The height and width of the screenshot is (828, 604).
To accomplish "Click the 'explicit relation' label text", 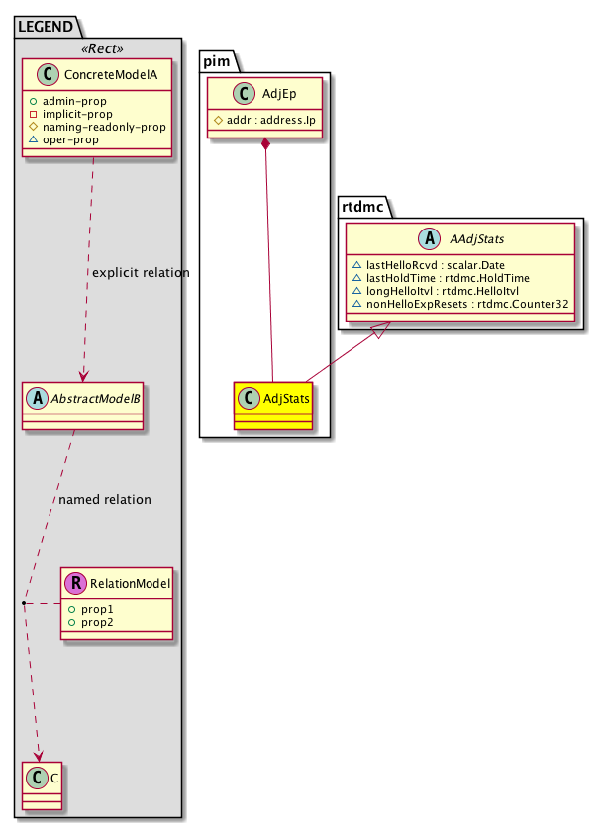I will click(140, 272).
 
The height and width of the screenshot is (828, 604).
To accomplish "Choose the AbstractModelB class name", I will click(95, 399).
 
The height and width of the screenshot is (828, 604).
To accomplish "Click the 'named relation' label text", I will click(105, 499).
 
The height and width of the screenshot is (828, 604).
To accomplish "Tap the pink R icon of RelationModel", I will click(75, 584).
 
